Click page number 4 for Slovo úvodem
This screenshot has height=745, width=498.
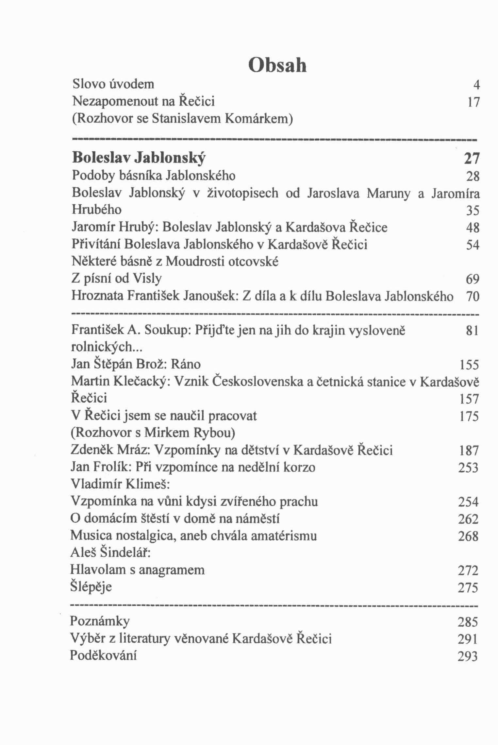click(476, 85)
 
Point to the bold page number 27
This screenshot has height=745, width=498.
click(472, 159)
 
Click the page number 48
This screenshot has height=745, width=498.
click(473, 227)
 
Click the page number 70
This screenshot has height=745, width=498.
click(473, 296)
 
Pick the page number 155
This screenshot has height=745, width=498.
click(469, 365)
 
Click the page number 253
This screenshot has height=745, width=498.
click(468, 468)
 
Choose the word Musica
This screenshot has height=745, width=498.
click(91, 536)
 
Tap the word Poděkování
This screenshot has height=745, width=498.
click(103, 655)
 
